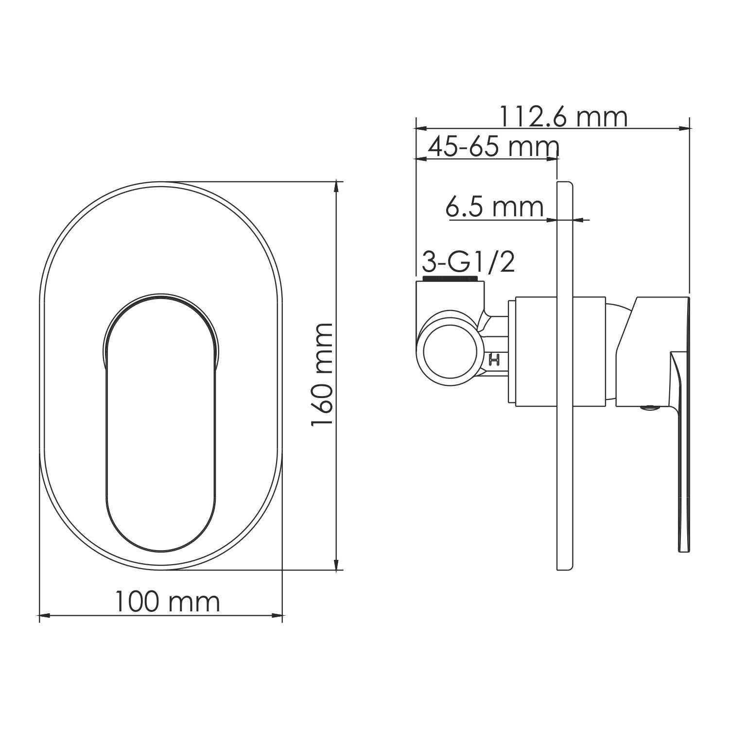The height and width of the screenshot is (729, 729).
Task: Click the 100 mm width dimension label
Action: (167, 602)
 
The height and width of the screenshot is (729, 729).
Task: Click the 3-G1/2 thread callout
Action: (468, 263)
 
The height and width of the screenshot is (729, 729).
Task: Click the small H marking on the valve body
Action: (495, 360)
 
